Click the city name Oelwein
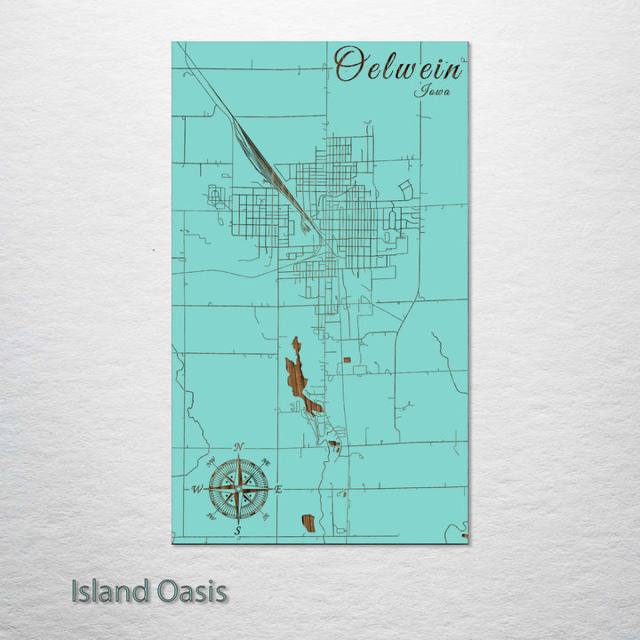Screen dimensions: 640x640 pyautogui.click(x=399, y=66)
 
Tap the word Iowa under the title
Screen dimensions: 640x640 pyautogui.click(x=431, y=90)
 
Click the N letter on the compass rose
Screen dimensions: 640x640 pyautogui.click(x=238, y=447)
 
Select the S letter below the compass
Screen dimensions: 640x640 pyautogui.click(x=237, y=531)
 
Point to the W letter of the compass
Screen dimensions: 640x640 pyautogui.click(x=196, y=489)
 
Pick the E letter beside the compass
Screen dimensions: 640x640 pyautogui.click(x=277, y=489)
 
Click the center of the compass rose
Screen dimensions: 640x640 pyautogui.click(x=237, y=488)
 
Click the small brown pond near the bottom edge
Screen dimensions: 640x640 pyautogui.click(x=308, y=523)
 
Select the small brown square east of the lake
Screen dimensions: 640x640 pyautogui.click(x=348, y=359)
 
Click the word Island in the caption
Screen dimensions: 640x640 pyautogui.click(x=108, y=591)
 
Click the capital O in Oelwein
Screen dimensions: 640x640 pyautogui.click(x=352, y=65)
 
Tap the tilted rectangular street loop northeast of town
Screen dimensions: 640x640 pyautogui.click(x=406, y=189)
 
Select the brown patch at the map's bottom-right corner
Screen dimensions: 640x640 pyautogui.click(x=464, y=535)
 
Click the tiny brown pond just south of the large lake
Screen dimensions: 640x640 pyautogui.click(x=333, y=444)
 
